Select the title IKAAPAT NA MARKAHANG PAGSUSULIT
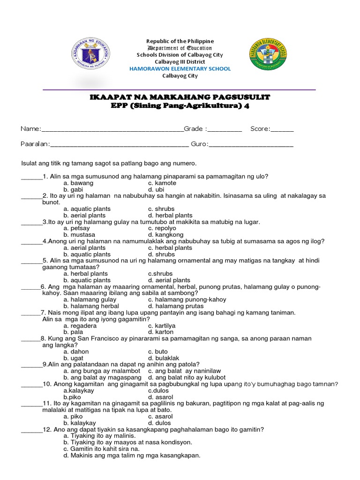(x=180, y=97)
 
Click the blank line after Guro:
(x=251, y=144)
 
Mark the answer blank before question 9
(x=31, y=364)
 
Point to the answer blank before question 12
(x=31, y=429)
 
